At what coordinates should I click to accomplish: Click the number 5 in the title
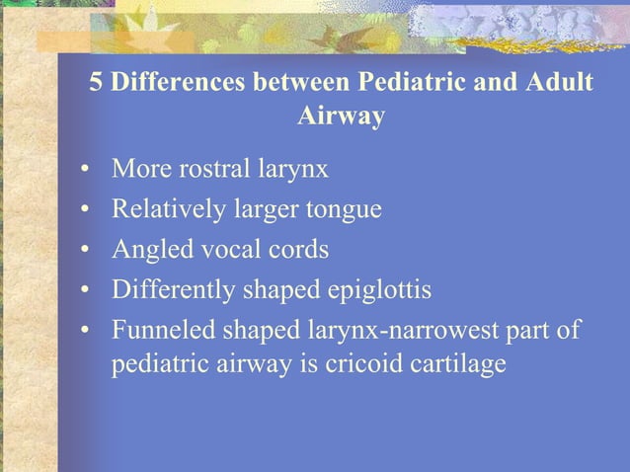(97, 83)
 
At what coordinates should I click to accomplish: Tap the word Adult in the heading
(558, 83)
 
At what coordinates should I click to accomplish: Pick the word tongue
(347, 209)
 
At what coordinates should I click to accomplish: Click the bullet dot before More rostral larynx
(87, 171)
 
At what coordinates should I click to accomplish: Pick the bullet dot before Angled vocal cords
(87, 250)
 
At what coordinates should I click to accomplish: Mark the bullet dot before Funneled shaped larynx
(87, 328)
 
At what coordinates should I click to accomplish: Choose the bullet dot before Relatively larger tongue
(87, 210)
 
